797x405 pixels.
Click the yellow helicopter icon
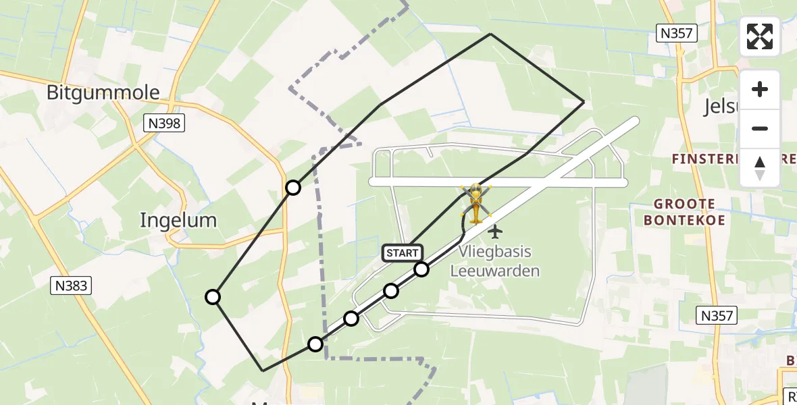tap(476, 202)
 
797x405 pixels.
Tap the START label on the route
tap(403, 253)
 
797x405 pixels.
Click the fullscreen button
tap(760, 36)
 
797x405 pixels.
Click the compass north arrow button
tap(760, 168)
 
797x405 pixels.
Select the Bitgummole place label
tap(103, 93)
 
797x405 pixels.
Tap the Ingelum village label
tap(178, 220)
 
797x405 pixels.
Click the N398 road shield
tap(164, 123)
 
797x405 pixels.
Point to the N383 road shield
tap(70, 286)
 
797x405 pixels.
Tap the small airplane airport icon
tap(495, 232)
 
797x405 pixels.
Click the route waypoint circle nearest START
tap(421, 269)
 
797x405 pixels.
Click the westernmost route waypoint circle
tap(213, 296)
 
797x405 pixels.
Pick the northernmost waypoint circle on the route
tap(292, 188)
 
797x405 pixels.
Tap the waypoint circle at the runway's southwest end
tap(315, 344)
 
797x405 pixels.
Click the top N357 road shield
tap(677, 33)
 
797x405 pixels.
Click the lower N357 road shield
tap(717, 315)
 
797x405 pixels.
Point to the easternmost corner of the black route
tap(584, 103)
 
